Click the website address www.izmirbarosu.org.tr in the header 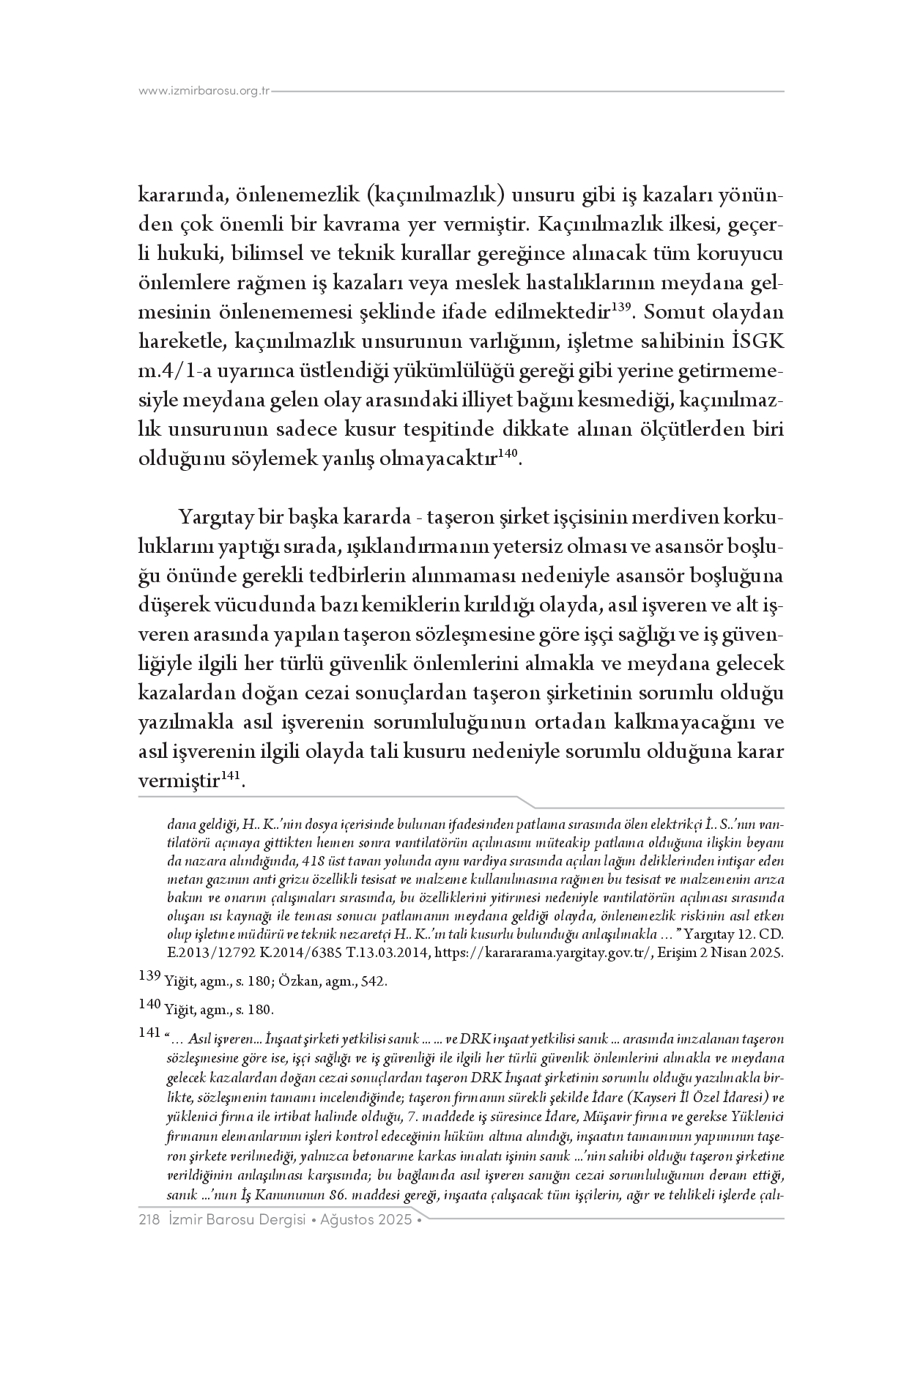coord(204,92)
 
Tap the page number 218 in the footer coord(149,1221)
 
